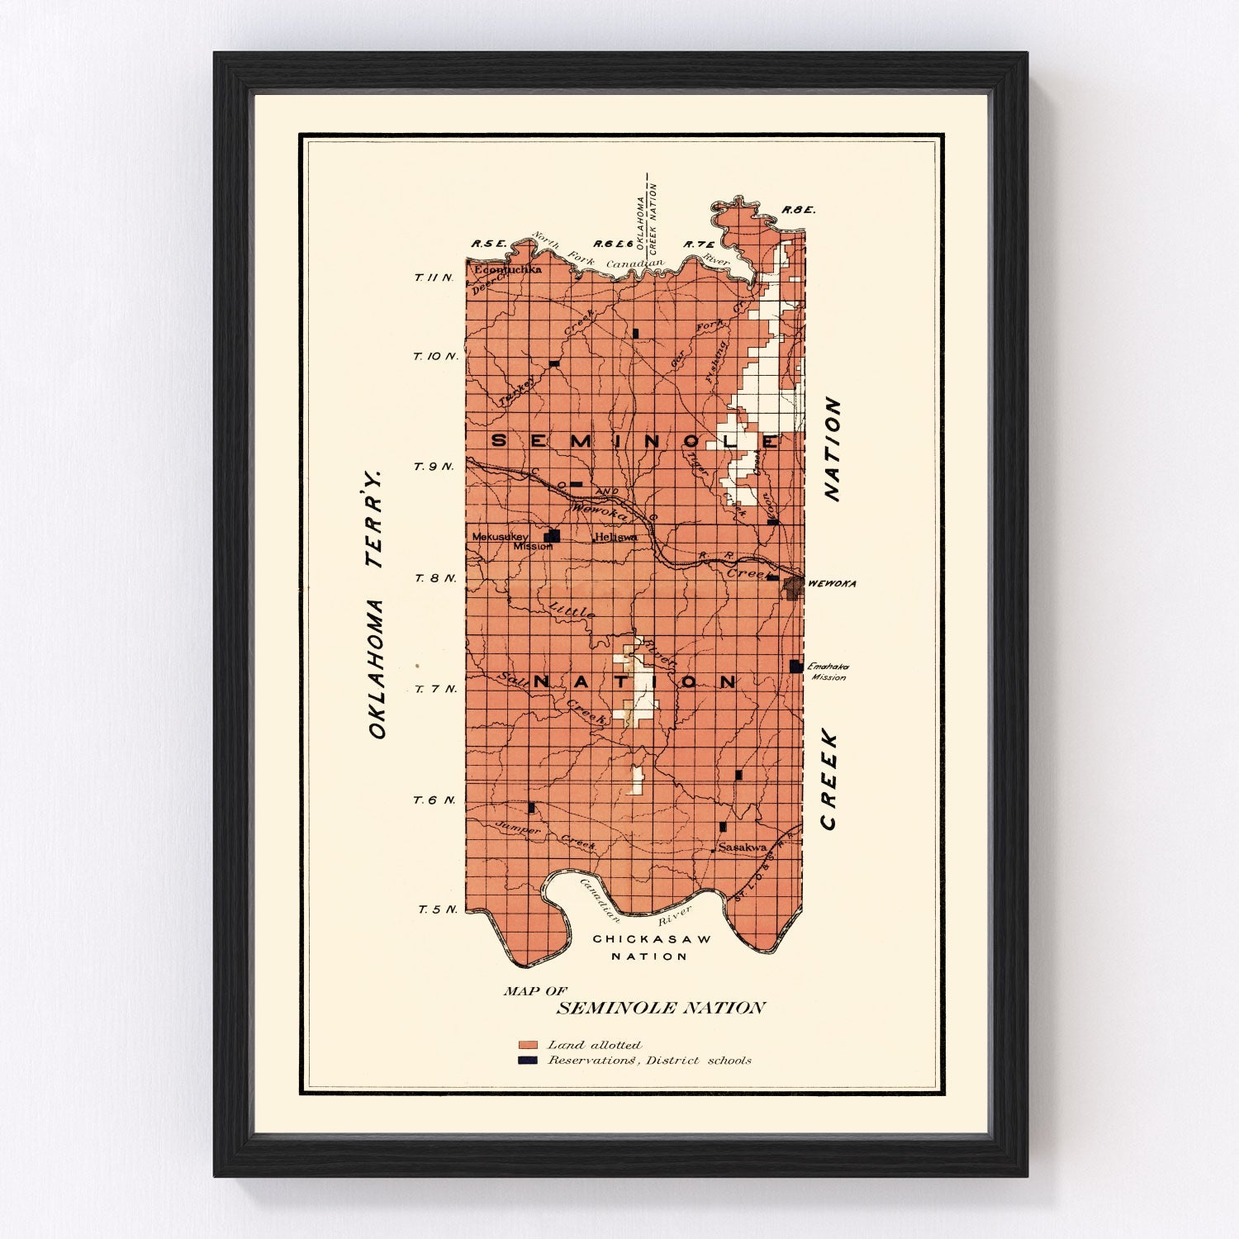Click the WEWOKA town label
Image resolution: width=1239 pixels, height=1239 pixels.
832,583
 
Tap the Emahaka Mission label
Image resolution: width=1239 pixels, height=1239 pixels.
828,672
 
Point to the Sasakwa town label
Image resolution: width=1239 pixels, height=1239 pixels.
742,847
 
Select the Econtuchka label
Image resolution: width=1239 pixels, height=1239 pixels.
506,269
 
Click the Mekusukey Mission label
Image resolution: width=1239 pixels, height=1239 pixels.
501,540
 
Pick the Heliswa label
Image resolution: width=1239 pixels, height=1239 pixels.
615,537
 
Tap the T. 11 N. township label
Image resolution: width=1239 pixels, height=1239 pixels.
434,278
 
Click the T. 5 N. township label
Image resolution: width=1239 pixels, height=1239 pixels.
437,909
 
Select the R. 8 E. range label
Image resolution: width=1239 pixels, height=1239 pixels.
798,210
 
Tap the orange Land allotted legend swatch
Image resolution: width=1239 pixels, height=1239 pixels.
528,1046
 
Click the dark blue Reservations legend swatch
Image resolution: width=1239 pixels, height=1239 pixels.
528,1060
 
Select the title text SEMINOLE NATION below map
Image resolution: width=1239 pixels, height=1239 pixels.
661,1008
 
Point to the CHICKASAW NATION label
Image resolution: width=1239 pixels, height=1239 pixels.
652,947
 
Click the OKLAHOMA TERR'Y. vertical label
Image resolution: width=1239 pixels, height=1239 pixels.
376,604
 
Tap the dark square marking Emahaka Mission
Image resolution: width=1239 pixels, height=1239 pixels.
795,666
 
